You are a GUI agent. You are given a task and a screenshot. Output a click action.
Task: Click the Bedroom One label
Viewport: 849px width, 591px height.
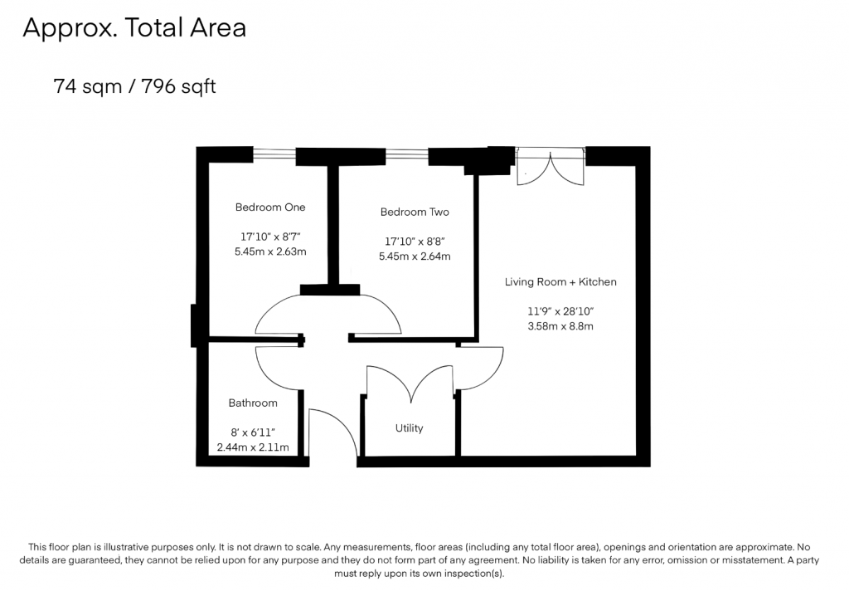click(x=270, y=208)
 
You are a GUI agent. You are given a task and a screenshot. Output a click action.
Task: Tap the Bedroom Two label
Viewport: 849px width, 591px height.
click(x=415, y=212)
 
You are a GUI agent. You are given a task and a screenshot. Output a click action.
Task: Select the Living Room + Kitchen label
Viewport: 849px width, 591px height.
click(x=560, y=282)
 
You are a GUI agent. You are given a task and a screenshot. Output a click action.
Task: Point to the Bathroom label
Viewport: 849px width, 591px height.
click(x=253, y=403)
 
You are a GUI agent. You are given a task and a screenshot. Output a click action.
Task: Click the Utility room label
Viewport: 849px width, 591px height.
click(x=409, y=428)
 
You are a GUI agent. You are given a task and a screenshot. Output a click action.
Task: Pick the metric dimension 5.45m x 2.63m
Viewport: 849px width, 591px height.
click(x=270, y=252)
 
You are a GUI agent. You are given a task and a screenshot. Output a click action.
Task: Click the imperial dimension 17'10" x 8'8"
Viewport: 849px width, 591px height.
click(x=415, y=242)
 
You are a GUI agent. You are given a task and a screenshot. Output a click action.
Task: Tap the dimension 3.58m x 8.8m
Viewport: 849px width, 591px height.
click(x=560, y=326)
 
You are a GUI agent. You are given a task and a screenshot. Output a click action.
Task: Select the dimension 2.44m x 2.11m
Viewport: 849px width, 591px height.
click(x=253, y=447)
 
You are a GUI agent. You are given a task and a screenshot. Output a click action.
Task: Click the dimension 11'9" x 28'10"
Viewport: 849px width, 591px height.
click(x=560, y=311)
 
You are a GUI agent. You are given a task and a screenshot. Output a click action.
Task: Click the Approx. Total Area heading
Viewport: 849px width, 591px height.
click(x=134, y=27)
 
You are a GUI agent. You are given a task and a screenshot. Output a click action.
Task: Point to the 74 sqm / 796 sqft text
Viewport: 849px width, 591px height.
click(x=134, y=86)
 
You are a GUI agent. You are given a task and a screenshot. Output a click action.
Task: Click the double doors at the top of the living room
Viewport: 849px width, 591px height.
click(x=551, y=167)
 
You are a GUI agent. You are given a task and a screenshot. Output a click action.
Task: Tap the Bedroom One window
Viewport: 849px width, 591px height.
click(x=274, y=154)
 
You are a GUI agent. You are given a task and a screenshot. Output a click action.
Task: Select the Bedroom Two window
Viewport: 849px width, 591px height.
click(x=406, y=155)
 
